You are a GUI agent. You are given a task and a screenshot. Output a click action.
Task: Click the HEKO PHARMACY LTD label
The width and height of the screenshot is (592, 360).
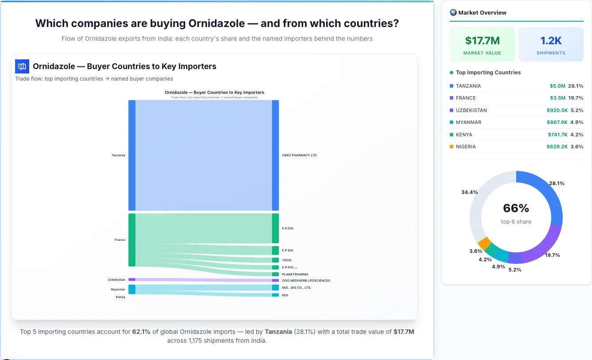coord(299,155)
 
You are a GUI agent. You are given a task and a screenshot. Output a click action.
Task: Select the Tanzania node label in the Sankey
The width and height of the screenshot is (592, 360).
coord(118,155)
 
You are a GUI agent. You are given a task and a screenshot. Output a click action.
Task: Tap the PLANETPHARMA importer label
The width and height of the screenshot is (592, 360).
coord(295,275)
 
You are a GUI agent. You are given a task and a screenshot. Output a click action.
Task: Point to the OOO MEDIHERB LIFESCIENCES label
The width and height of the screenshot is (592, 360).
coord(306,281)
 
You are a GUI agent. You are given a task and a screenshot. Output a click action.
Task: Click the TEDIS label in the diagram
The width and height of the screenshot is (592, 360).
coord(287,260)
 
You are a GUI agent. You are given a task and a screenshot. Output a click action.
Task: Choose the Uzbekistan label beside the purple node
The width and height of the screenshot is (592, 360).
coord(117,280)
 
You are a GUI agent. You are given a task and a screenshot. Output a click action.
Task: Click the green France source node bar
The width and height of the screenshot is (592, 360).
coord(132,240)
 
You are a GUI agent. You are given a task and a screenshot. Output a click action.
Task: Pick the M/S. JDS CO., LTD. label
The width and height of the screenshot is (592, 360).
coord(296,288)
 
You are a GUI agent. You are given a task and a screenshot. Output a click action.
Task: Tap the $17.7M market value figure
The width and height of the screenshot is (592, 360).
coord(482,41)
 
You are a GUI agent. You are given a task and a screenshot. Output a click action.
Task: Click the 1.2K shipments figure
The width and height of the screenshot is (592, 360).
coord(551,41)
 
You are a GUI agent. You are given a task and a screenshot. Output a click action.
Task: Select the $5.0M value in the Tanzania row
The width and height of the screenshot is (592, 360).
coord(557,86)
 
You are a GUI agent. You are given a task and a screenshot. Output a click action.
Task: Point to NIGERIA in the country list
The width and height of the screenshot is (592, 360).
coord(466,147)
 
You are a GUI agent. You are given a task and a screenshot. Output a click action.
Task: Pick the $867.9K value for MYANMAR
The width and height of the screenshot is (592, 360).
coord(557,122)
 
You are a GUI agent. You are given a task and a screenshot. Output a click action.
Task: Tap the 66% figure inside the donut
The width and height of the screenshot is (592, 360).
coord(516,208)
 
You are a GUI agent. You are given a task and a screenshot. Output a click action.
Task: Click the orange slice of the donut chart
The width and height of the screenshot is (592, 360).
coord(484,243)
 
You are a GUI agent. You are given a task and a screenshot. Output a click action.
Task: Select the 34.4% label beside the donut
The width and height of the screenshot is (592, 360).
coord(469,192)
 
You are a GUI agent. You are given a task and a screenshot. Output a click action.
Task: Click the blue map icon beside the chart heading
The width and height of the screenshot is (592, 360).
coord(22,66)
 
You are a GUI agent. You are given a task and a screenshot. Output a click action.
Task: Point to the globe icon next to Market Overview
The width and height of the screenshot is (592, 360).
coord(453,12)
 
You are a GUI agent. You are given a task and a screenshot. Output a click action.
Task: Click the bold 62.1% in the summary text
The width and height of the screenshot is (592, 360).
coord(141,332)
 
